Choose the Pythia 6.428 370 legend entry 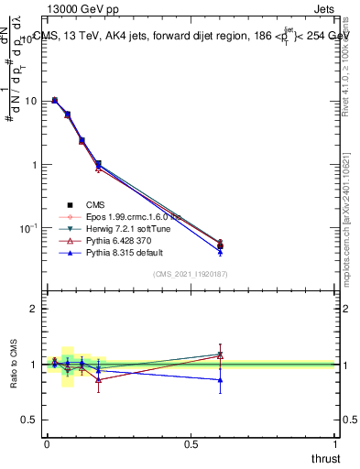[112, 239]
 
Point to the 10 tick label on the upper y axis [30, 102]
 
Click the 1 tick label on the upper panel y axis [35, 165]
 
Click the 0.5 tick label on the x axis [191, 443]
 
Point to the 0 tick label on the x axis [47, 443]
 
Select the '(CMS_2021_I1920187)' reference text [191, 274]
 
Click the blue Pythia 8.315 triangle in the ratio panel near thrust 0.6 [220, 379]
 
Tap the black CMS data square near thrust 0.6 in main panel [220, 245]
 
